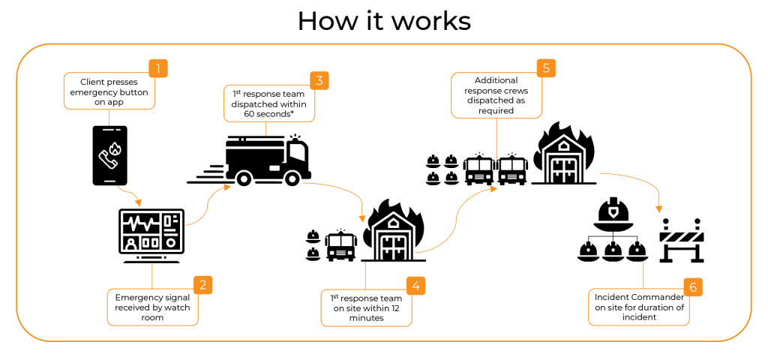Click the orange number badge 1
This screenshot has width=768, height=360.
pos(158,69)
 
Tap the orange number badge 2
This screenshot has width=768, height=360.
pos(202,285)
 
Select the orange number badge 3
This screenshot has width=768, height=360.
pos(319,81)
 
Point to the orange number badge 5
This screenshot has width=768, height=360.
pos(546,68)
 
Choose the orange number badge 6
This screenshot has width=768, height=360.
pos(692,286)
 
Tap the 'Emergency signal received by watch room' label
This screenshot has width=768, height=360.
pos(152,307)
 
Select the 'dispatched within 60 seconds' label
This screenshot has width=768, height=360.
pos(268,103)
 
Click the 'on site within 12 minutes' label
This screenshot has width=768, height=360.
pos(366,307)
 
